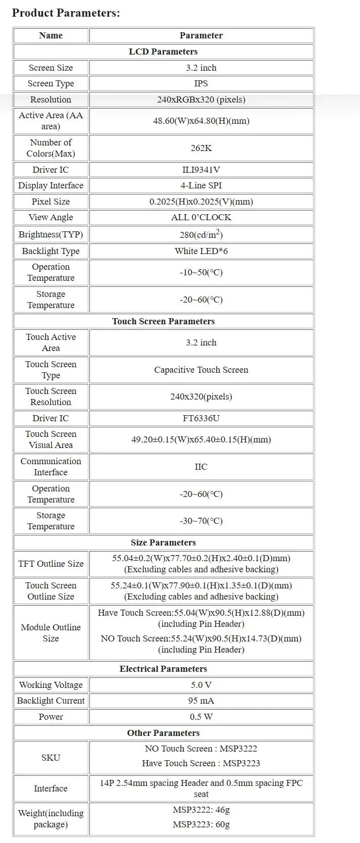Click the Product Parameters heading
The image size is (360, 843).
click(66, 13)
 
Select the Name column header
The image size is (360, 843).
click(50, 35)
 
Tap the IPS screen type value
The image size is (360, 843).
click(201, 83)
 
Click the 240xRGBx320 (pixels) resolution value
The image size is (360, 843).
click(201, 100)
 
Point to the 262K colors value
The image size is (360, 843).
click(201, 148)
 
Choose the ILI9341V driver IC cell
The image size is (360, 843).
click(201, 170)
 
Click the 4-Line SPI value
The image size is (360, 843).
click(201, 185)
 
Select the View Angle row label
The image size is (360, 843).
click(50, 217)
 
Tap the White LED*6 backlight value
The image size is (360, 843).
click(201, 251)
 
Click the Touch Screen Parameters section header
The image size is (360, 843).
click(163, 321)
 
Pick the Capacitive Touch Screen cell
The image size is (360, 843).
click(201, 370)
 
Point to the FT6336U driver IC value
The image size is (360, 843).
click(201, 418)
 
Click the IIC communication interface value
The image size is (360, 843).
click(201, 467)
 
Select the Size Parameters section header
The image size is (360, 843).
click(163, 542)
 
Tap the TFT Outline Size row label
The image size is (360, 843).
click(50, 564)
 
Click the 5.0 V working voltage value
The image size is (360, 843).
click(201, 685)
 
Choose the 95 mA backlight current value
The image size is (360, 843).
click(201, 701)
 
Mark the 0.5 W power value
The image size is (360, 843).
click(201, 717)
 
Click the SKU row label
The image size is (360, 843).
click(50, 758)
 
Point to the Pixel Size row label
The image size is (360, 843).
click(50, 202)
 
